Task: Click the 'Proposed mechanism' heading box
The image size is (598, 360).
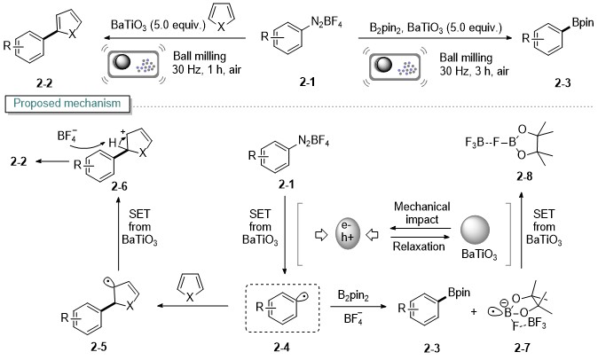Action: [x=67, y=104]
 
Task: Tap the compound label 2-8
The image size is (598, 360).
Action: [x=524, y=176]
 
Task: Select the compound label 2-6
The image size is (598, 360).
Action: [x=120, y=186]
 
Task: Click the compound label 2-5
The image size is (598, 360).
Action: [x=98, y=347]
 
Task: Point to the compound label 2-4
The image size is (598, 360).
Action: [x=282, y=347]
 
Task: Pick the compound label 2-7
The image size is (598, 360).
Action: [x=522, y=348]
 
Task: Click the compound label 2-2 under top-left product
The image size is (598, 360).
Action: [x=44, y=83]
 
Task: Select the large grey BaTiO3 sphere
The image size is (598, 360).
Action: [x=476, y=230]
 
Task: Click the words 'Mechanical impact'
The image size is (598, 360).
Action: [x=421, y=213]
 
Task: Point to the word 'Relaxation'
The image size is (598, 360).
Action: [x=419, y=247]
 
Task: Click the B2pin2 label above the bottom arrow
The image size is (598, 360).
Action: [x=353, y=295]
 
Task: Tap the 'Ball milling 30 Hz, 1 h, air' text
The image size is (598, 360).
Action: [x=207, y=63]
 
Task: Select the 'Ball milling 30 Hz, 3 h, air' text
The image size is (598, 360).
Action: [x=474, y=65]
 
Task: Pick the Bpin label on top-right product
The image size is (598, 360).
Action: [x=583, y=23]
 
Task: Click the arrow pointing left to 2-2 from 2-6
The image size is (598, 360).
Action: [x=51, y=161]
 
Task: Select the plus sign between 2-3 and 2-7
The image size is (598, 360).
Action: [x=474, y=311]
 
